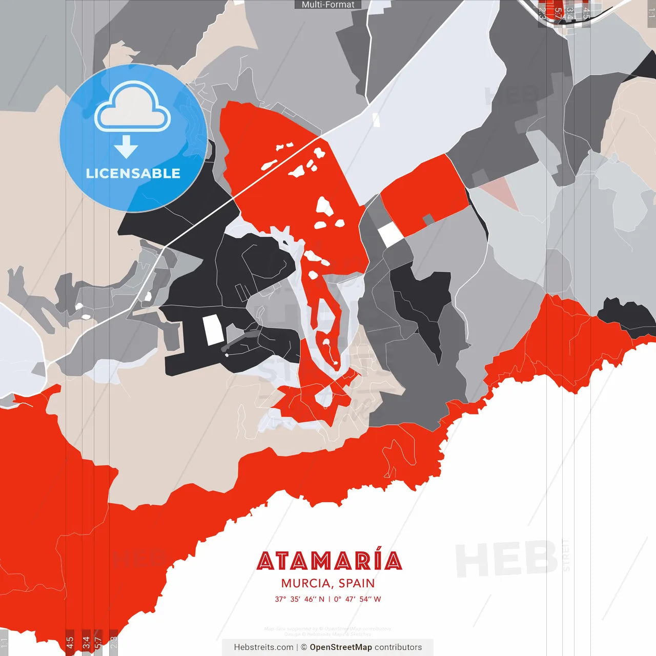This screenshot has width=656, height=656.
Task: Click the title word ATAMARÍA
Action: point(329,561)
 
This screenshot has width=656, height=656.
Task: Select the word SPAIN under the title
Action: point(357,583)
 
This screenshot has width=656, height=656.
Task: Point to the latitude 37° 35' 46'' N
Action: point(300,599)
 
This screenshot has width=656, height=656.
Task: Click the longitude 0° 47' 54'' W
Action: point(358,599)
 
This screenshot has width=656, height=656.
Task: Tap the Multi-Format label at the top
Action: point(328,5)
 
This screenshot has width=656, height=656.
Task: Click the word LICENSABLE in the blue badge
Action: point(133,173)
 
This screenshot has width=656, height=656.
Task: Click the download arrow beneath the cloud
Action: point(126,147)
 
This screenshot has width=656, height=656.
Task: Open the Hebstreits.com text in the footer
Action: point(263,647)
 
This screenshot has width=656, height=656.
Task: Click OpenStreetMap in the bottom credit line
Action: point(341,647)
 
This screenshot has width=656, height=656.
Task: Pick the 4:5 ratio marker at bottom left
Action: point(70,642)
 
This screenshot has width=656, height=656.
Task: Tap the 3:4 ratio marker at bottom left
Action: point(86,642)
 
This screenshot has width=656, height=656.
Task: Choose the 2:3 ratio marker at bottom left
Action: point(114,642)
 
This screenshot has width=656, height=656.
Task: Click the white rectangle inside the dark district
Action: point(213,330)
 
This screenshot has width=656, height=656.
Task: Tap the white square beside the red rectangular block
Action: point(391,234)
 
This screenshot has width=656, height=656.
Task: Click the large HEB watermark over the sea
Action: point(506,559)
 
